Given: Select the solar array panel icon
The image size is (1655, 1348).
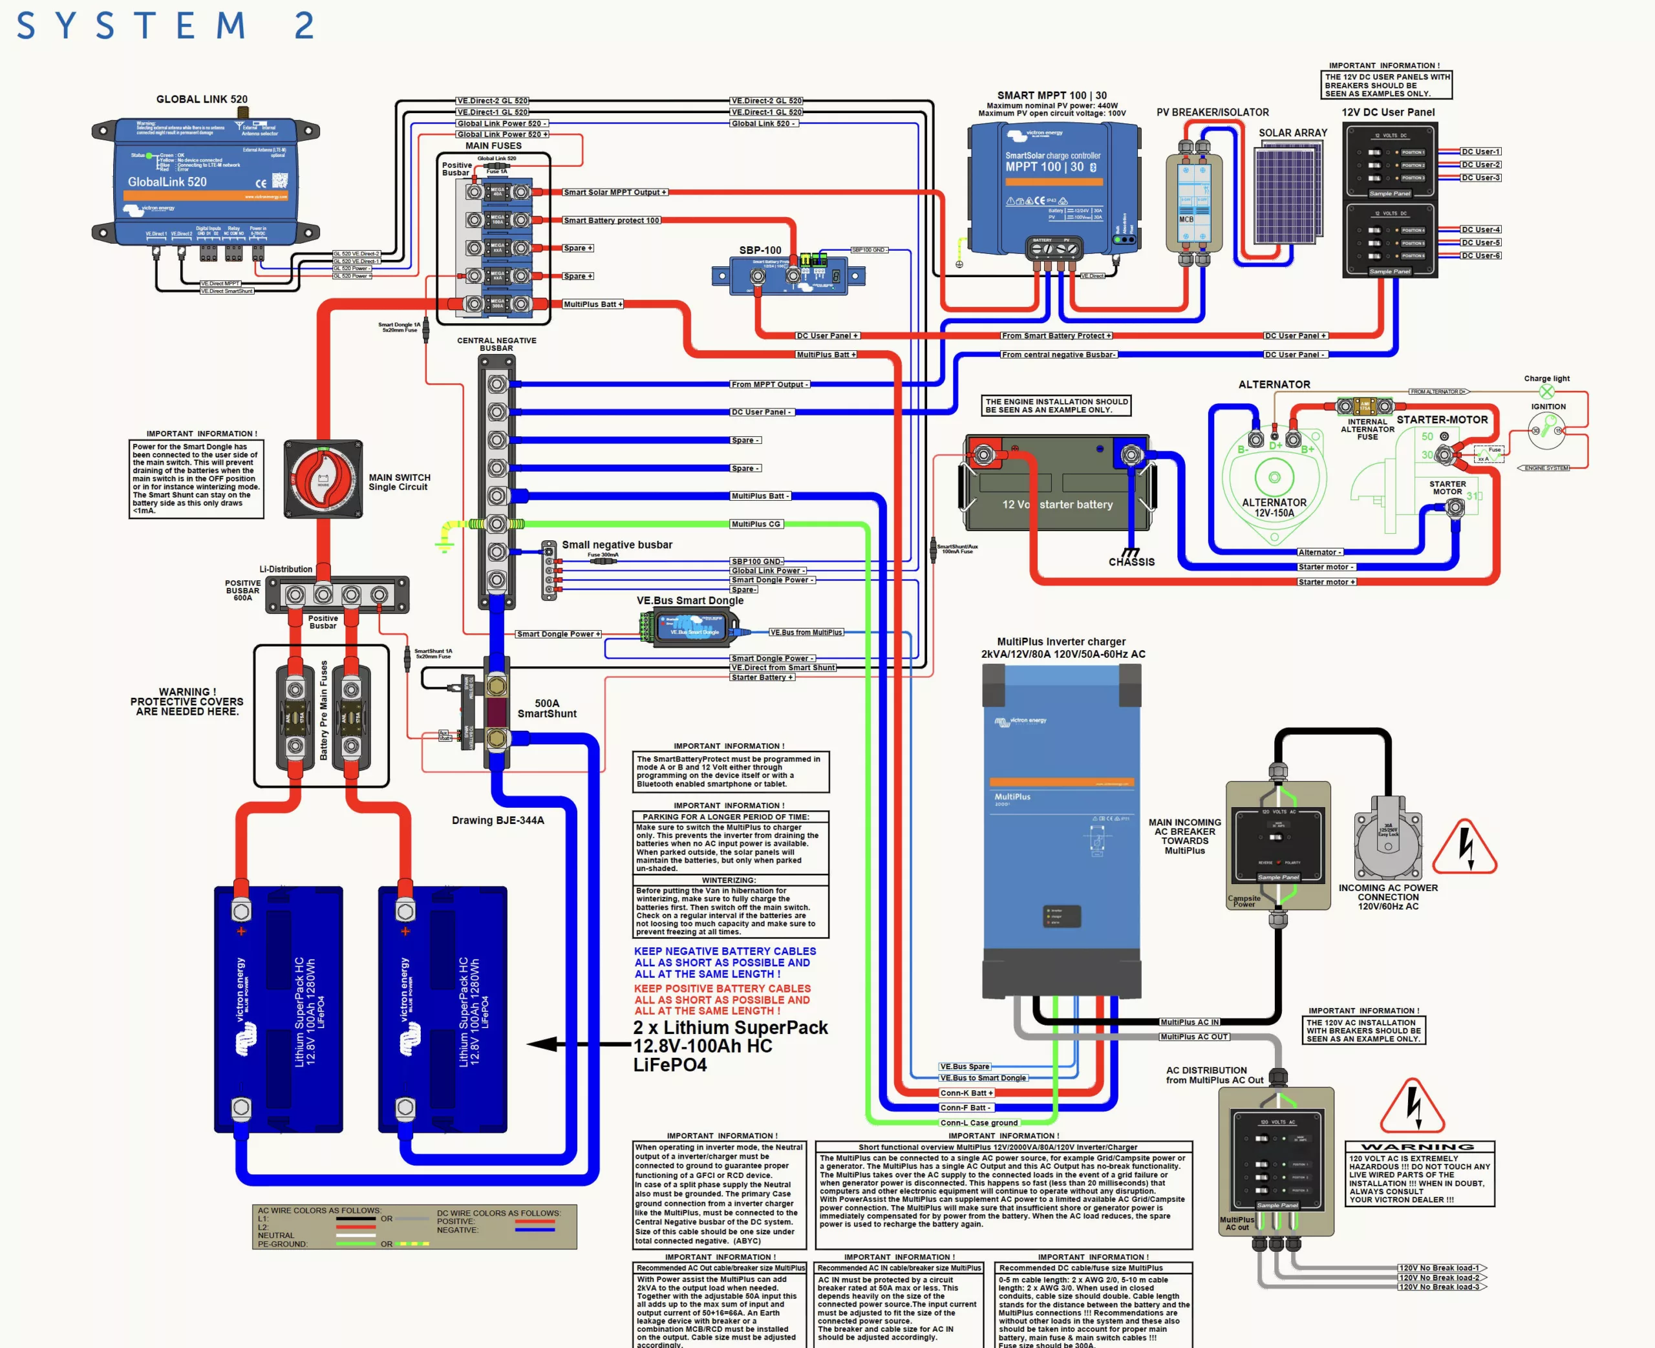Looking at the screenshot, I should click(x=1288, y=193).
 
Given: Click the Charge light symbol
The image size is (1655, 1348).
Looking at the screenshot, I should click(x=1546, y=392).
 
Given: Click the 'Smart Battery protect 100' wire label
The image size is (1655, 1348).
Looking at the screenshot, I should click(x=611, y=220).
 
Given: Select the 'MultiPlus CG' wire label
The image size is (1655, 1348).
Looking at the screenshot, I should click(x=756, y=524).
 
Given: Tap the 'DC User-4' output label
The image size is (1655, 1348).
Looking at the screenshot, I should click(x=1480, y=230).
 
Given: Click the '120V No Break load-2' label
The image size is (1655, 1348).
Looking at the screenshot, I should click(x=1438, y=1278).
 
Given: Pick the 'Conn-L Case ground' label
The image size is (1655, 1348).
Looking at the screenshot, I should click(x=979, y=1123).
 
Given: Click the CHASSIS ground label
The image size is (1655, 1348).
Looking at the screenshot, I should click(x=1131, y=562).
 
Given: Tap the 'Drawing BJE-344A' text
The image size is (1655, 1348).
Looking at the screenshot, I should click(x=498, y=820).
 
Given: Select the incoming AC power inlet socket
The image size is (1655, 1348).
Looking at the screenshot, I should click(x=1388, y=844).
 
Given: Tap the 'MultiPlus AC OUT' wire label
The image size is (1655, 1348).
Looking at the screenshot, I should click(x=1193, y=1037).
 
